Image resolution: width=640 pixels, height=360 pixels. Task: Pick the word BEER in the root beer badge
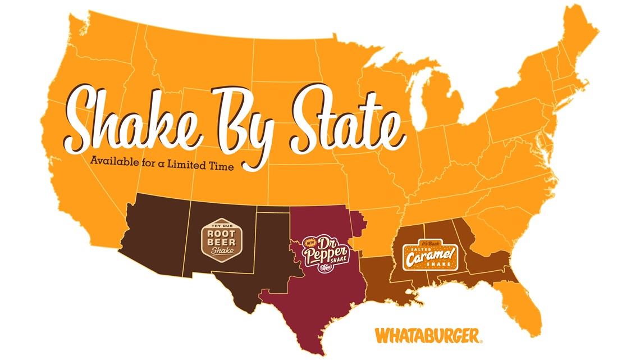click(x=220, y=241)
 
